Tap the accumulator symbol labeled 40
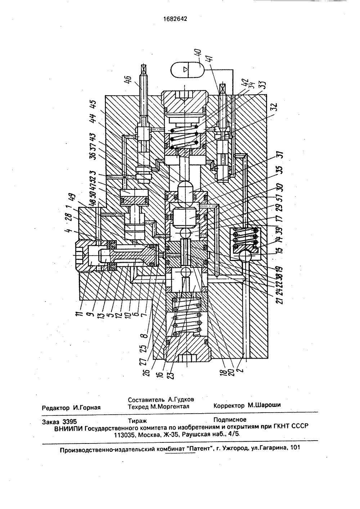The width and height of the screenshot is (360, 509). (186, 69)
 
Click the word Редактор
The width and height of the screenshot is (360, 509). (56, 408)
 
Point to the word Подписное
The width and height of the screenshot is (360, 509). (230, 419)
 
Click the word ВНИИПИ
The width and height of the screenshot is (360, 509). (68, 428)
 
